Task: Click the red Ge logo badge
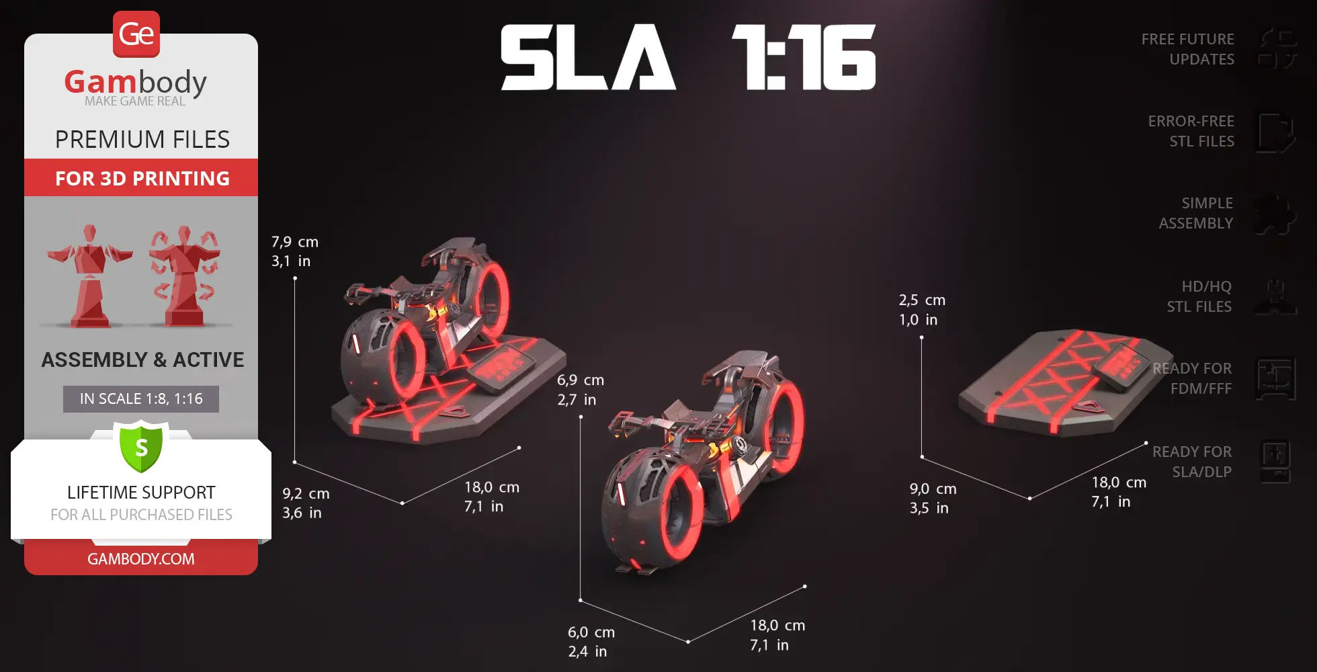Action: (136, 34)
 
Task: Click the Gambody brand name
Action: (135, 83)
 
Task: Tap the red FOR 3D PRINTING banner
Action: (142, 178)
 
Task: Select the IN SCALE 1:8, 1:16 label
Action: (141, 398)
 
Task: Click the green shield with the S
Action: (141, 446)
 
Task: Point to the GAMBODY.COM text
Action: (141, 558)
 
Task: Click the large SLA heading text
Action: (587, 58)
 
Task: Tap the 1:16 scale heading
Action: (804, 58)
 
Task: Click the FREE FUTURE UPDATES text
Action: (1187, 49)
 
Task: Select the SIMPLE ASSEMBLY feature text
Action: (1195, 213)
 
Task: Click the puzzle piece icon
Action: (1275, 214)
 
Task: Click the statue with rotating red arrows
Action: (184, 276)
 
